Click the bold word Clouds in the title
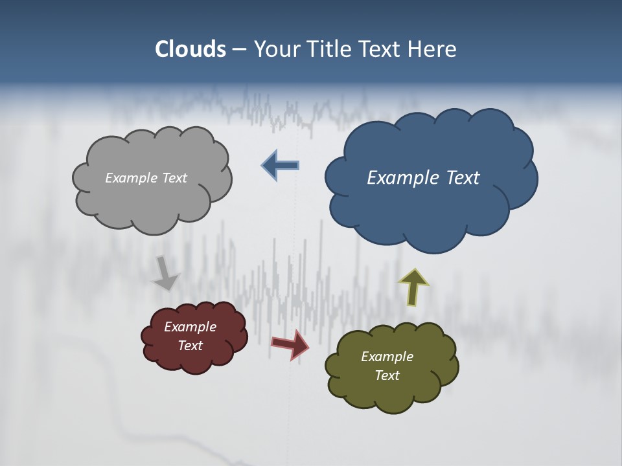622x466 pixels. pos(190,49)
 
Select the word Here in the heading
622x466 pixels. pos(433,49)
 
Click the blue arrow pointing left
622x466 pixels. pos(281,166)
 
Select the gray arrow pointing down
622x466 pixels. pos(165,273)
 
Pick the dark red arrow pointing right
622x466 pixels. pos(290,344)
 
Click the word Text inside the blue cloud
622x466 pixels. pos(463,178)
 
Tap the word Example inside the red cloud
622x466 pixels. pos(190,327)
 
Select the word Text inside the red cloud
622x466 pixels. pos(190,346)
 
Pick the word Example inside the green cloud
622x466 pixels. pos(387,357)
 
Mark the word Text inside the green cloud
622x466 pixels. pos(387,375)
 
